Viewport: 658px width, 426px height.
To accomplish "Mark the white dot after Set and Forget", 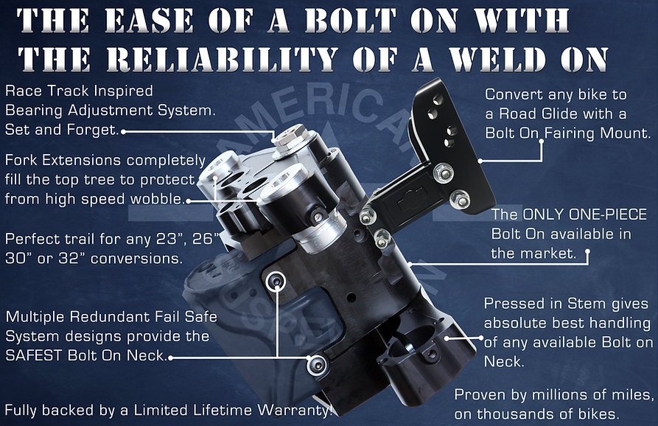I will coord(122,131).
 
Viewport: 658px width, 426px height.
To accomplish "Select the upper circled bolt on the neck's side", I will coord(277,280).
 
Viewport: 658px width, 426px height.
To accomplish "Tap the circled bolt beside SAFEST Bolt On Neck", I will coord(317,363).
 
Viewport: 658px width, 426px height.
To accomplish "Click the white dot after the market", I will coord(587,254).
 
